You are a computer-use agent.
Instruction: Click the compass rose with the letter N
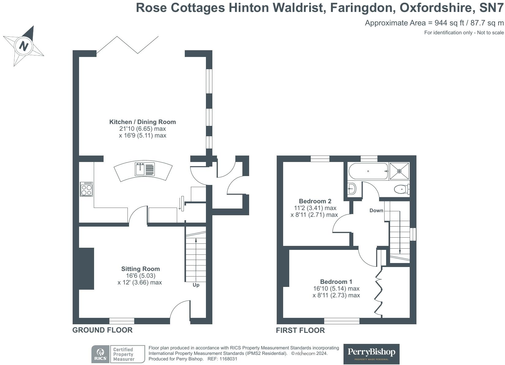[24, 46]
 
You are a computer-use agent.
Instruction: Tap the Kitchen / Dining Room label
[142, 122]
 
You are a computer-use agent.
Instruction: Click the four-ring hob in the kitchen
[86, 189]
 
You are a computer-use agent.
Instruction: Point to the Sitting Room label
[140, 269]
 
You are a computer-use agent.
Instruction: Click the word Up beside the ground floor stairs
[196, 285]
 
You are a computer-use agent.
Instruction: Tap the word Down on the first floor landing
[376, 210]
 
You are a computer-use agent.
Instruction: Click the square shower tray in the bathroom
[399, 171]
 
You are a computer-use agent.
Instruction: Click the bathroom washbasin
[352, 189]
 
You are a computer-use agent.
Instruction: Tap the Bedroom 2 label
[315, 201]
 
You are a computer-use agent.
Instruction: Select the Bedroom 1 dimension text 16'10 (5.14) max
[336, 288]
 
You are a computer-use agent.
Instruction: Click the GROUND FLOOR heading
[102, 330]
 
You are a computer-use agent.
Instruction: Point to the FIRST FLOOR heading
[300, 330]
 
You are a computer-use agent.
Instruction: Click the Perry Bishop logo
[371, 354]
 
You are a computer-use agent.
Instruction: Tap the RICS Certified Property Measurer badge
[118, 354]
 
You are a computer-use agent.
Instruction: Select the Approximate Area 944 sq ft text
[434, 23]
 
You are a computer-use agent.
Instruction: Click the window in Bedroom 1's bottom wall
[342, 321]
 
